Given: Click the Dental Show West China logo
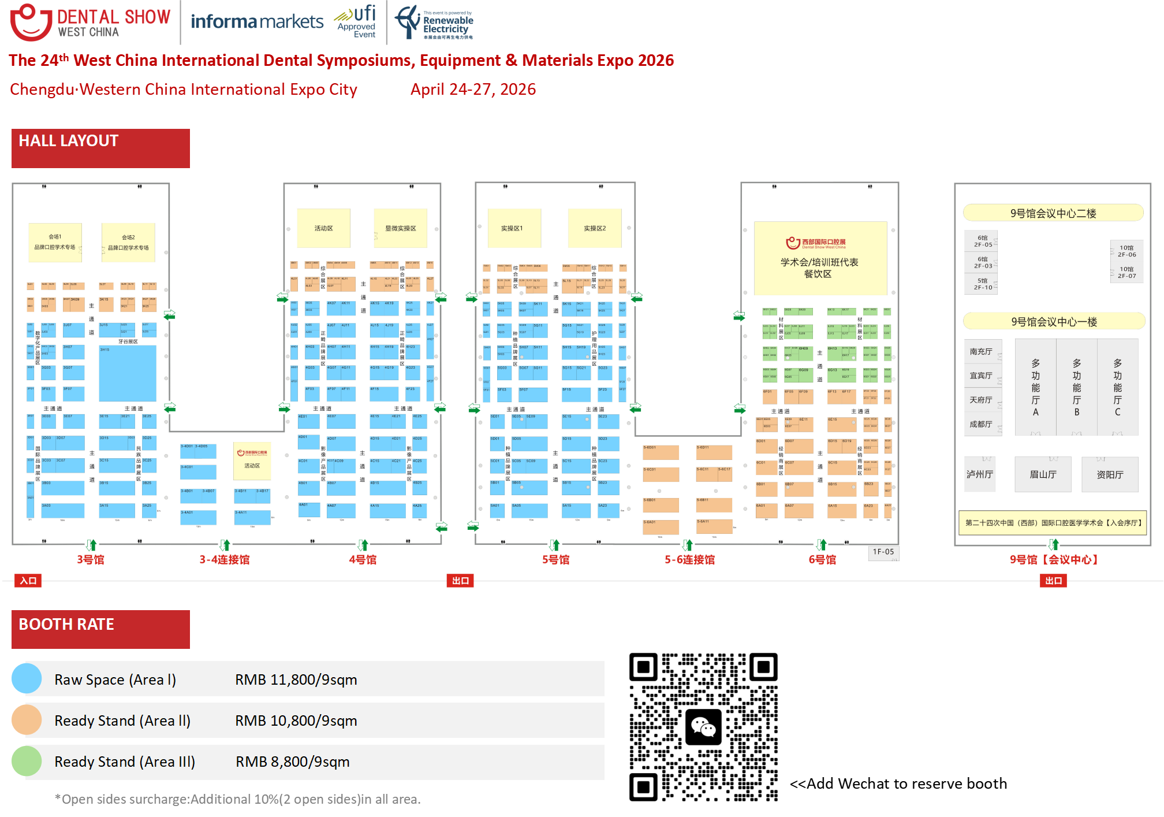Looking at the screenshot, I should pos(91,23).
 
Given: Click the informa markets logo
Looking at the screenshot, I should pos(257,22).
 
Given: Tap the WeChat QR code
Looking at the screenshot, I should pos(703,726).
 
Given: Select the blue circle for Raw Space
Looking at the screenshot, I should pos(27,678).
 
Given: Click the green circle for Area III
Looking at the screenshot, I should pos(27,761).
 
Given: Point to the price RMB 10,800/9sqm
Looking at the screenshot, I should pos(296,721).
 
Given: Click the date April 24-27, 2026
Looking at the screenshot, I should pos(473,89).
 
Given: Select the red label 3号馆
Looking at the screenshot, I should pos(91,559).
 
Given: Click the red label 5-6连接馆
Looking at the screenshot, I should pos(689,559).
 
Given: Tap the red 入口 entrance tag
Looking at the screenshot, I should pos(28,581).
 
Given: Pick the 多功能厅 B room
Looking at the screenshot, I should pos(1076,387).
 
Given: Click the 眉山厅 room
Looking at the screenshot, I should pos(1043,474).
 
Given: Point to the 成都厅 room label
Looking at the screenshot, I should pos(980,424).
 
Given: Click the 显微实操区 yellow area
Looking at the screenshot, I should pos(400,228).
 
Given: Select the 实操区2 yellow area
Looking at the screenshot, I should pos(595,228).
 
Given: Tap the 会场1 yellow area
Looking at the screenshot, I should pos(55,242).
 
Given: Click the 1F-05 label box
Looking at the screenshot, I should pos(883,552).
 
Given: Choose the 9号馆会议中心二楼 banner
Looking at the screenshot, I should pos(1053,213).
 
